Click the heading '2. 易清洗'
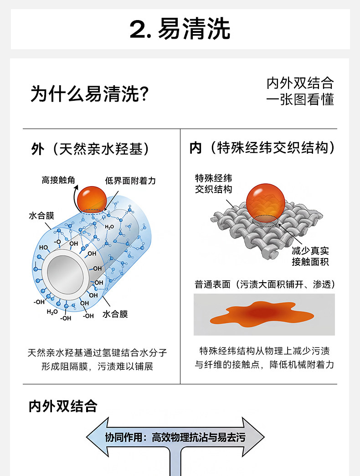pos(180,29)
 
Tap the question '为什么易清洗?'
pos(90,94)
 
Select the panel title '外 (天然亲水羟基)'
pos(90,149)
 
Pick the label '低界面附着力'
pos(130,181)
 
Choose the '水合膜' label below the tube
pos(115,314)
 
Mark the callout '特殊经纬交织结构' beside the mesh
pos(213,183)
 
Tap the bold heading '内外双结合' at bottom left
pos(63,406)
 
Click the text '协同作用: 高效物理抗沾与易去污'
pos(175,438)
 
